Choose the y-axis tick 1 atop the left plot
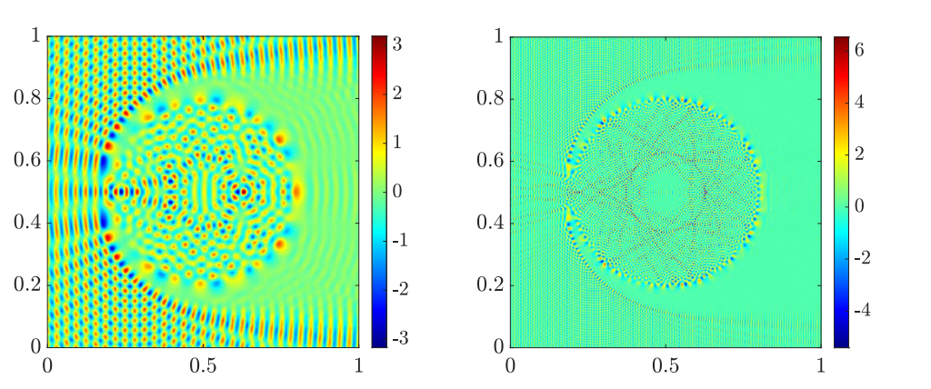35,36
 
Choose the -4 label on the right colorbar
858,307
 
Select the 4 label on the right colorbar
861,105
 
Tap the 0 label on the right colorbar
861,206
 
